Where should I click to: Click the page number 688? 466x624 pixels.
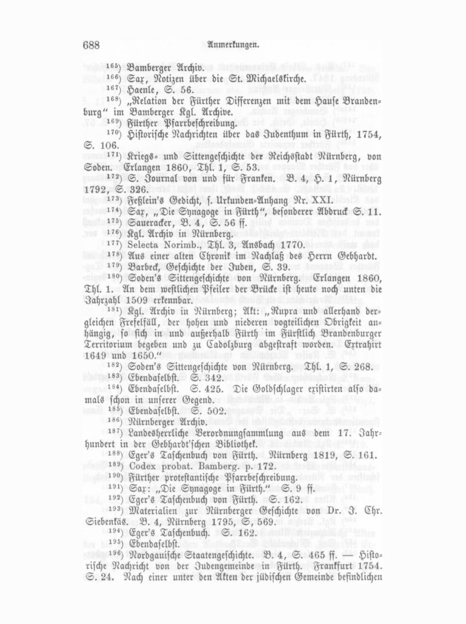91,45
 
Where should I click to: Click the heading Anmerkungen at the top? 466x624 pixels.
233,45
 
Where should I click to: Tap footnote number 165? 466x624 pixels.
114,66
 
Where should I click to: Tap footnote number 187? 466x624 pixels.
114,432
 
